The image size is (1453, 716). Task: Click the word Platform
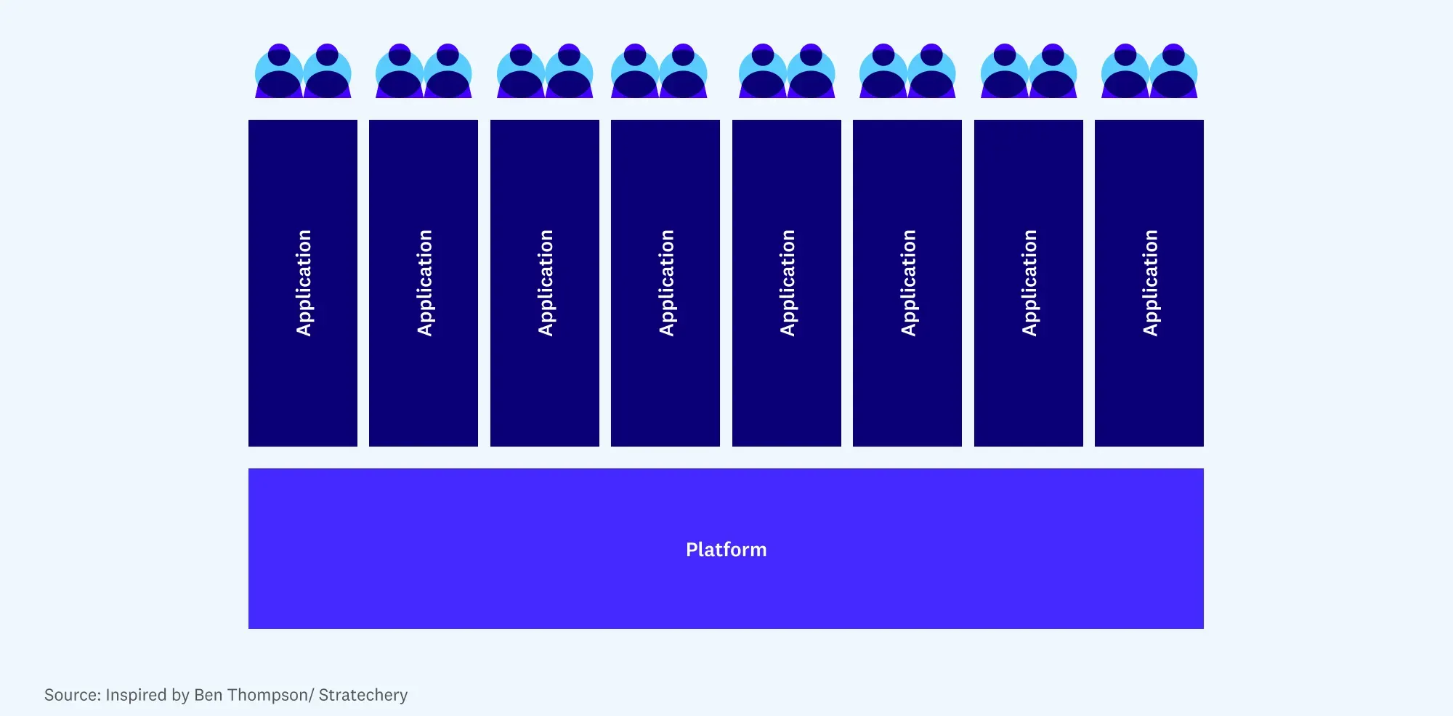(x=726, y=550)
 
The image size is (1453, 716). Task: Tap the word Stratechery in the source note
(x=363, y=695)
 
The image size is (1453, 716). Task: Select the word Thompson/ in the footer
(x=271, y=695)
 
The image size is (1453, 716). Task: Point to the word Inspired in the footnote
(x=136, y=695)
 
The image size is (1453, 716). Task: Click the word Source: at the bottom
(x=73, y=695)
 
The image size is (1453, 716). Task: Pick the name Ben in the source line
(x=209, y=695)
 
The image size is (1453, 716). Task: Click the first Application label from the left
(x=304, y=282)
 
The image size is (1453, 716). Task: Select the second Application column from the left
(x=424, y=282)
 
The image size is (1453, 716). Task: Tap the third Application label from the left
(x=546, y=282)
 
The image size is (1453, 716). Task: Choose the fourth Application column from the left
(x=665, y=282)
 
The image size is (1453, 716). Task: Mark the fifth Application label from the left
(x=788, y=282)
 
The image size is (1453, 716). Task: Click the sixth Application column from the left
(x=907, y=282)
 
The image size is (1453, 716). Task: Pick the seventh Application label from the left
(x=1029, y=282)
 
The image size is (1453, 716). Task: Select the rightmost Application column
(x=1149, y=282)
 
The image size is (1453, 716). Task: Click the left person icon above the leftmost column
(x=279, y=73)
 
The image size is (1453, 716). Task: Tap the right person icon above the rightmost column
(x=1173, y=73)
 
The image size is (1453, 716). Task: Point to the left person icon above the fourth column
(x=635, y=73)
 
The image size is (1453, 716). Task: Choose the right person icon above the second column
(x=448, y=73)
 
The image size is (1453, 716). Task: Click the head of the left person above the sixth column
(x=883, y=54)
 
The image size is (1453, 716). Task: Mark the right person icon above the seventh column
(x=1053, y=73)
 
